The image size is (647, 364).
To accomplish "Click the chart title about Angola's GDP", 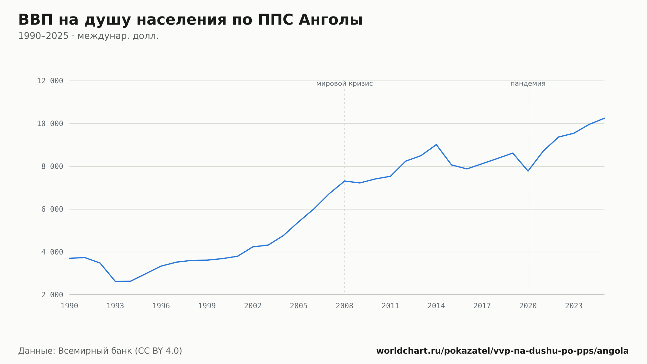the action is (190, 20).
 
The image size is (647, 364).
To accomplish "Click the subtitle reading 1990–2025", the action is (88, 36).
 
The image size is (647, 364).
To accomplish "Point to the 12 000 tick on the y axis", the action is (50, 81).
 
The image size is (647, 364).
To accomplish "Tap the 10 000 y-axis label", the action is (50, 124).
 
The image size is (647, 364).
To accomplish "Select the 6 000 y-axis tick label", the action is (52, 209).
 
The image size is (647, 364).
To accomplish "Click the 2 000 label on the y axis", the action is (52, 295).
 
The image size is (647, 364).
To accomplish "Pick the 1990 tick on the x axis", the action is (70, 306).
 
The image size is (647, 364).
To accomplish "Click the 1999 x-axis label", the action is (207, 306).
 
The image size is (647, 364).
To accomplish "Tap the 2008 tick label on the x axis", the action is (345, 306).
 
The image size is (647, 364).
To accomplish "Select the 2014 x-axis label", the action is (436, 306).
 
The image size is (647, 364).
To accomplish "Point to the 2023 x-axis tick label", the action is (574, 306).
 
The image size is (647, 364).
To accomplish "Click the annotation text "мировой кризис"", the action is (345, 84).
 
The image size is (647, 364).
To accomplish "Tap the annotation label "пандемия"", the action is (528, 84).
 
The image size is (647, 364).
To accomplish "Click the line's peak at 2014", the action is (436, 144).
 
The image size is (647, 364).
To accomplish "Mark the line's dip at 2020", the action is (528, 171).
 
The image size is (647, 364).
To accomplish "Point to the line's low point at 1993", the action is (115, 281).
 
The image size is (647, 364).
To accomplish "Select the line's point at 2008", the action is (345, 181).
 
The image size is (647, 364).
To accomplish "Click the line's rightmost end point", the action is (604, 118).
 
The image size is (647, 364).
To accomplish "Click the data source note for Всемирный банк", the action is (100, 351).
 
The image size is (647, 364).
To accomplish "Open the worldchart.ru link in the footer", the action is (502, 351).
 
